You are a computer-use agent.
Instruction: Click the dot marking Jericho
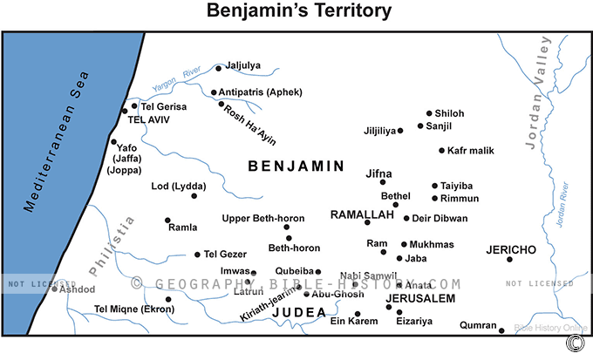[x=510, y=259]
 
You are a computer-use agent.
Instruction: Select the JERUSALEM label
[x=420, y=298]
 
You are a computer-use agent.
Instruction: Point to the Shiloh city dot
[x=429, y=113]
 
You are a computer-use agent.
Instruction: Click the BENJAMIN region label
[x=296, y=165]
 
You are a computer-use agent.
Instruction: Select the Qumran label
[x=478, y=326]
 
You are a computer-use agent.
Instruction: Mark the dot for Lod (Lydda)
[x=194, y=195]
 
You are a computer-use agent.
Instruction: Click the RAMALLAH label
[x=362, y=214]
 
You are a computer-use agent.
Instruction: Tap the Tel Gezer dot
[x=197, y=255]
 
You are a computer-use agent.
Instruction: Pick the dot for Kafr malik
[x=441, y=151]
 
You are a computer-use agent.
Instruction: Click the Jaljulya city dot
[x=220, y=65]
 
